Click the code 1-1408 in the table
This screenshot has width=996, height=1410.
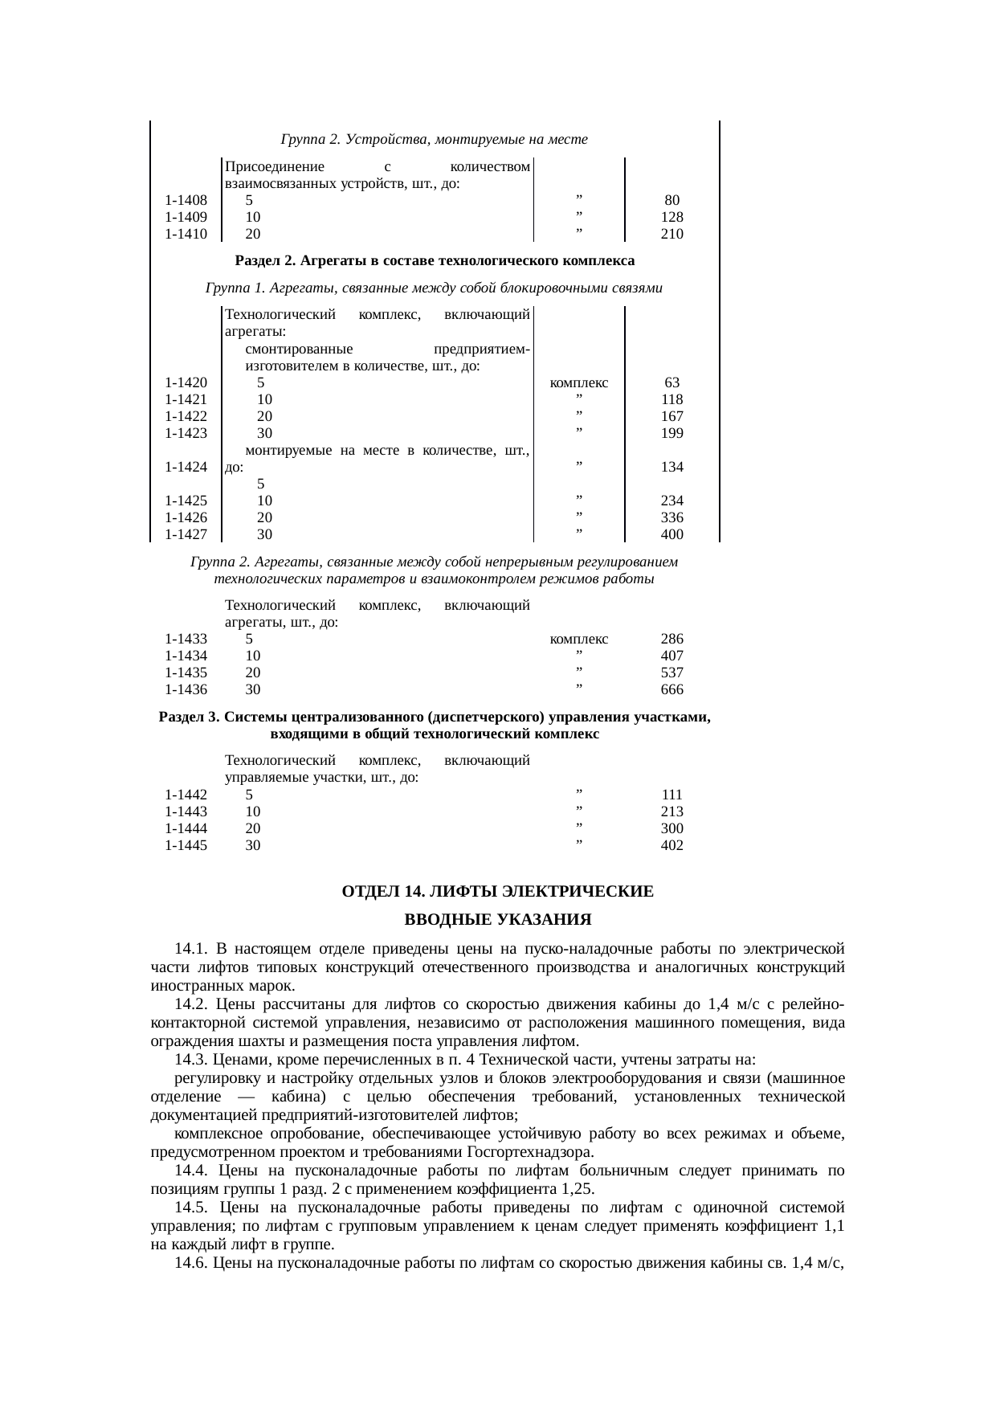point(186,200)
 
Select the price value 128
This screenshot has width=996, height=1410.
point(671,217)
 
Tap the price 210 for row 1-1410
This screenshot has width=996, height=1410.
point(671,234)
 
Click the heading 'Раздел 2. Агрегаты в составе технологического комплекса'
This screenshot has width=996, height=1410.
point(435,260)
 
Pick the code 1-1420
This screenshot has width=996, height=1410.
point(186,383)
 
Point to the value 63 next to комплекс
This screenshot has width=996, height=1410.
point(671,383)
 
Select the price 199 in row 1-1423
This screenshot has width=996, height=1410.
point(671,433)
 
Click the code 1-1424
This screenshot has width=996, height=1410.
point(186,467)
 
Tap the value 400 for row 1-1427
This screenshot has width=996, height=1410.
point(671,534)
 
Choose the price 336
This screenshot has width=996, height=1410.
point(671,517)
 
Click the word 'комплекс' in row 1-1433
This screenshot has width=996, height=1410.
point(578,640)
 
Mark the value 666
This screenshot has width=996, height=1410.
point(671,689)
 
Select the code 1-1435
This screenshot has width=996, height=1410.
point(186,672)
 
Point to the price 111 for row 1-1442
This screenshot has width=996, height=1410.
point(671,795)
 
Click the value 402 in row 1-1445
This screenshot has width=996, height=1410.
point(671,845)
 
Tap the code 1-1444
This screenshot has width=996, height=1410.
point(186,828)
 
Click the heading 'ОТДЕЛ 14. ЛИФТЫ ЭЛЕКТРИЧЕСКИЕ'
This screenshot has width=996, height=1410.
point(497,892)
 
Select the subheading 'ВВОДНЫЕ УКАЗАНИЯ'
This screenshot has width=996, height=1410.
point(497,919)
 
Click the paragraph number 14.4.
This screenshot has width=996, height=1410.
point(191,1171)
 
